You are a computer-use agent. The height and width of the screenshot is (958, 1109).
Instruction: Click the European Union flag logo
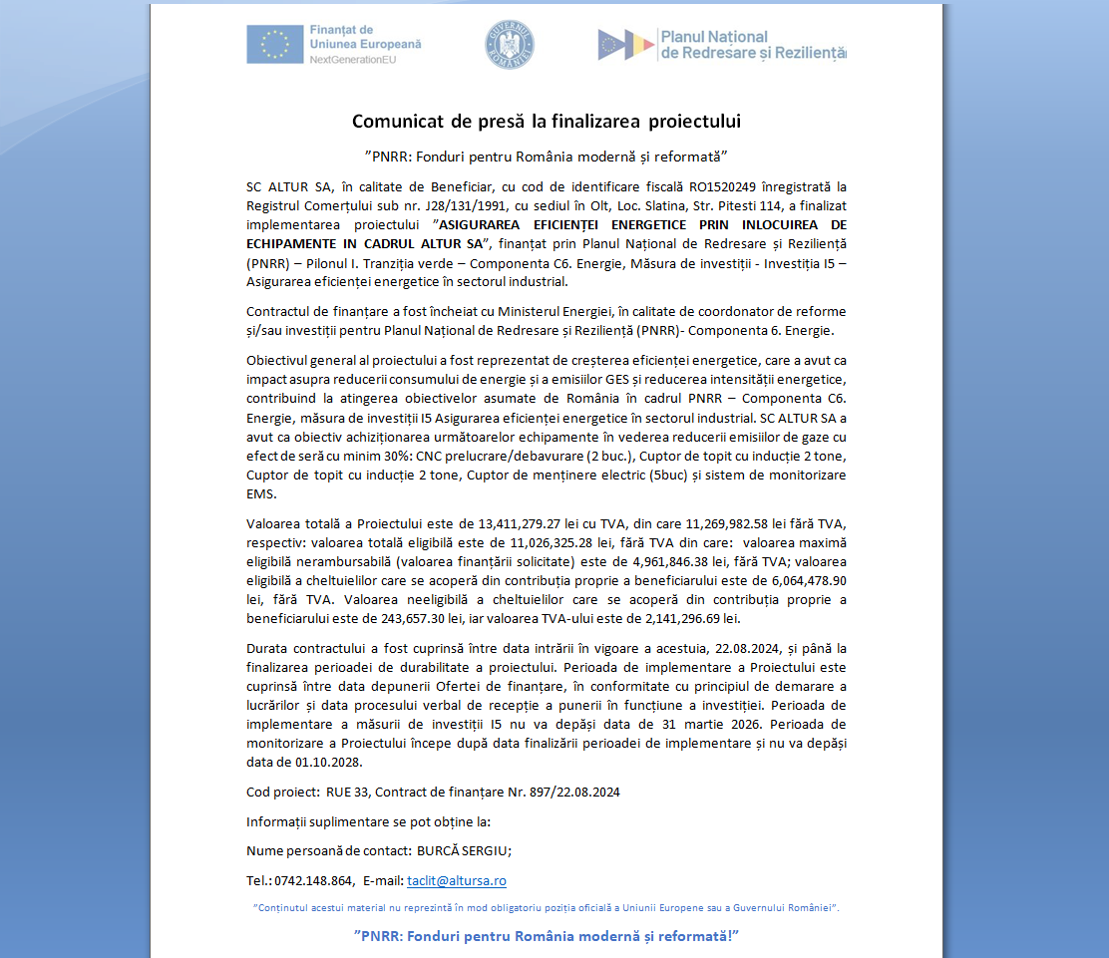[274, 45]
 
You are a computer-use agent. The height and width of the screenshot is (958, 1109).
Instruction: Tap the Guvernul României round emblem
[510, 45]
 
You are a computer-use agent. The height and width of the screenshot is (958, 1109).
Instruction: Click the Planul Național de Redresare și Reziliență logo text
[752, 44]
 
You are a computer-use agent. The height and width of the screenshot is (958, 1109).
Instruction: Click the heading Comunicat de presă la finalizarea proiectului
[547, 122]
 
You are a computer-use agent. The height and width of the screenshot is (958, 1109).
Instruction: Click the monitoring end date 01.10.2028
[328, 762]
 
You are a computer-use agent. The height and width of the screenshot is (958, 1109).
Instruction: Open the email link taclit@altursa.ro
[457, 881]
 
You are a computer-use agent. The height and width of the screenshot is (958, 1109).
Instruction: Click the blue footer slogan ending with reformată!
[547, 936]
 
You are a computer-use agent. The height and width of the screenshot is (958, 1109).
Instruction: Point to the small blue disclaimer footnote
[547, 907]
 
